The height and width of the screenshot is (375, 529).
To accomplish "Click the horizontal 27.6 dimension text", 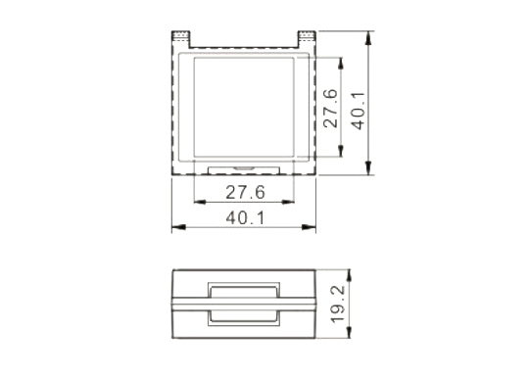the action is [245, 193].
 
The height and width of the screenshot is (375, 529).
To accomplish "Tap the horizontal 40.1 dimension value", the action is [245, 217].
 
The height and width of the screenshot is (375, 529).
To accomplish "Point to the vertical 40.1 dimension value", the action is [359, 111].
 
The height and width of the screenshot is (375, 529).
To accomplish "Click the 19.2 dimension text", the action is [338, 304].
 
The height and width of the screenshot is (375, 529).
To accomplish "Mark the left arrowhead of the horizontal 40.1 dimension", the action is [179, 227].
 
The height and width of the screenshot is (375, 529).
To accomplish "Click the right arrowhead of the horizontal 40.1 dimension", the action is [309, 227].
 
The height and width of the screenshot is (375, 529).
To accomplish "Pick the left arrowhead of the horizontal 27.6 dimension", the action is [201, 202].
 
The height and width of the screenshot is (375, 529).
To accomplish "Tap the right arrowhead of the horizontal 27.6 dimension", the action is [288, 202].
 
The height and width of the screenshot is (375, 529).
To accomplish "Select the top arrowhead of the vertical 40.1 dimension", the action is [368, 38].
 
